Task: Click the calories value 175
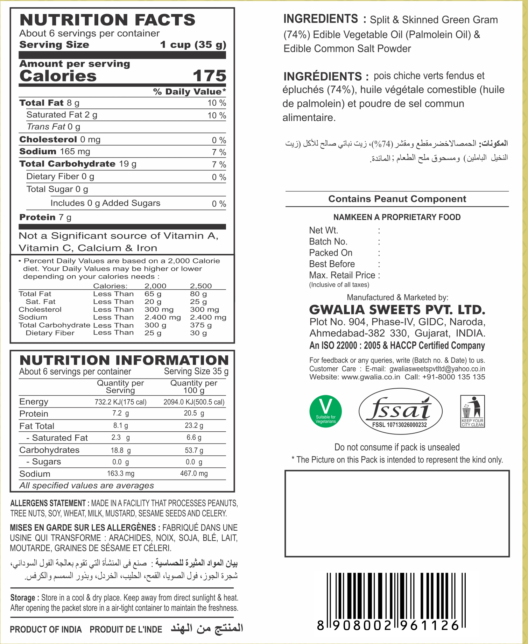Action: [x=209, y=76]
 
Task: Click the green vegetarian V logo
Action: [x=325, y=411]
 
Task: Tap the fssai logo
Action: [x=400, y=411]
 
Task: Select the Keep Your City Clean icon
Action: [x=472, y=411]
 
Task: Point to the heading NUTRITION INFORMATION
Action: [x=124, y=360]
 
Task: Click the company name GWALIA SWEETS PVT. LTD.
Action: [x=397, y=310]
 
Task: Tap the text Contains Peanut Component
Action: [x=397, y=199]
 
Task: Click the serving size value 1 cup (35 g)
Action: [x=193, y=45]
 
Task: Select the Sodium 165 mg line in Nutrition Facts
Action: [x=55, y=151]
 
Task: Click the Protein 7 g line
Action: [x=45, y=217]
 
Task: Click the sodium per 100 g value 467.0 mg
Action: [x=194, y=473]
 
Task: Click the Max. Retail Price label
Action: [x=342, y=275]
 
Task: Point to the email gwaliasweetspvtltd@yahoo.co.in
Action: [x=437, y=369]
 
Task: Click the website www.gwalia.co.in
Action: [x=371, y=377]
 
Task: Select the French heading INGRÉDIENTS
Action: [x=323, y=76]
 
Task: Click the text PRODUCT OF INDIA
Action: [x=46, y=630]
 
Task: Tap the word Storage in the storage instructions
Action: [x=22, y=598]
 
